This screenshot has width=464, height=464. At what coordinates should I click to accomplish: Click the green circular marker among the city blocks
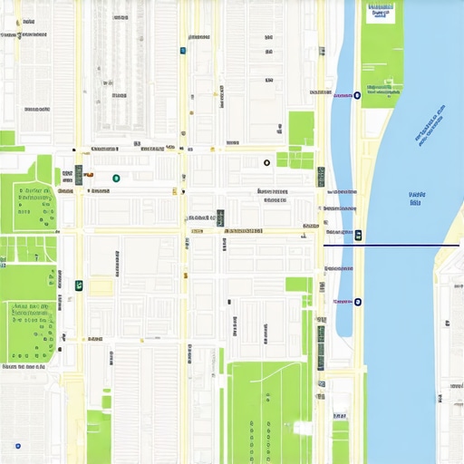116,179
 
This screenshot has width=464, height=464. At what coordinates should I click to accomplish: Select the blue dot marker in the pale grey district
17,446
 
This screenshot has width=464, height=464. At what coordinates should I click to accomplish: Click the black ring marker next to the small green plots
266,163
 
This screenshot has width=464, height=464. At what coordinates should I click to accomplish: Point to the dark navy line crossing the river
399,245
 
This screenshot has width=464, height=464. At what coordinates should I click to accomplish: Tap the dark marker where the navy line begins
359,236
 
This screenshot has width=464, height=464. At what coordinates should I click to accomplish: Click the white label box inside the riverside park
381,12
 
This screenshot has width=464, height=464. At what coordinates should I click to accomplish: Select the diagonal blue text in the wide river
430,124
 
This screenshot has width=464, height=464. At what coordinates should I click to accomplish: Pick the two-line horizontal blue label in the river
416,198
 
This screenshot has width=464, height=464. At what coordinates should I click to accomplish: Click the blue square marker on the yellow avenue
183,51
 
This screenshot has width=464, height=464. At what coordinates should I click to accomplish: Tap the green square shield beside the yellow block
79,285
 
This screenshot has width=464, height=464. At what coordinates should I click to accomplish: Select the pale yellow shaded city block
101,287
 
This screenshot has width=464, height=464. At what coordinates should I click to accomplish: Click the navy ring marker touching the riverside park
357,95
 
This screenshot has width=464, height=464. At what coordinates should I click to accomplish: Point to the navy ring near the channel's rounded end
357,302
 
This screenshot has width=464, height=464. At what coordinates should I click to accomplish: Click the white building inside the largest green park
302,427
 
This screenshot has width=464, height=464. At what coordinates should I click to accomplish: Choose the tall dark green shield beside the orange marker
79,175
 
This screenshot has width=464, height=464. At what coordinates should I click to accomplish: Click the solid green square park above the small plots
301,128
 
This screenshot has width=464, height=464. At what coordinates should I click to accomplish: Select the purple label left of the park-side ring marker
343,95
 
